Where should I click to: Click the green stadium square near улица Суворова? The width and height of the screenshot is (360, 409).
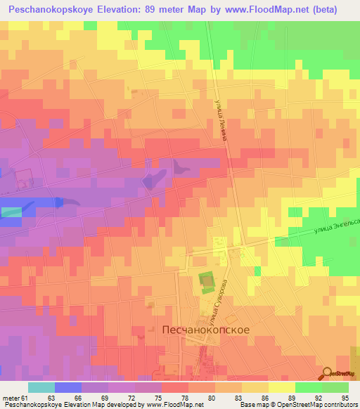pyautogui.click(x=206, y=283)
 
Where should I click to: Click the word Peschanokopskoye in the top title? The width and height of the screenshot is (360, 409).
pyautogui.click(x=58, y=10)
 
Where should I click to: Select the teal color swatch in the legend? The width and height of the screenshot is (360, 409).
pyautogui.click(x=41, y=387)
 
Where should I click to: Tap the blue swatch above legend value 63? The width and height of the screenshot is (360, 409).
pyautogui.click(x=67, y=387)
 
